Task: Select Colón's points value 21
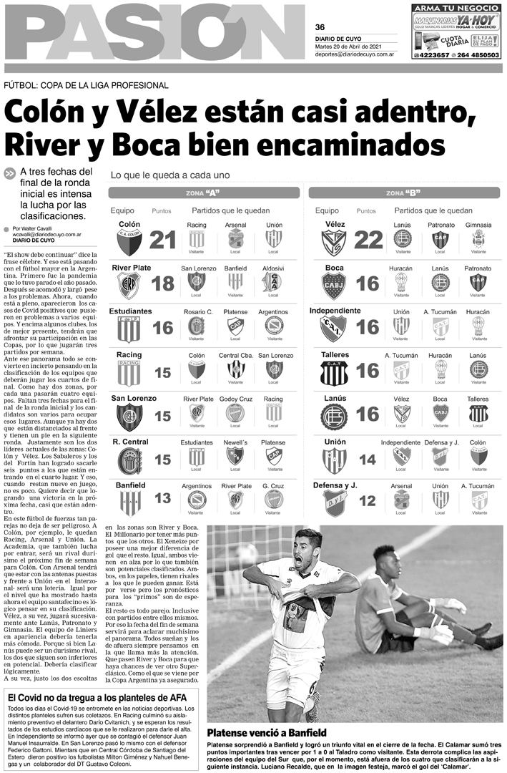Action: point(162,240)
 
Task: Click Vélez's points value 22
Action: point(368,240)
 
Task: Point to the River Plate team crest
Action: point(129,285)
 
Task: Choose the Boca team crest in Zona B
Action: point(334,285)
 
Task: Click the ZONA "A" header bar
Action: point(203,193)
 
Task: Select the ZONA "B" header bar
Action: point(403,193)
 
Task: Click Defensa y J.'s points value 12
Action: point(368,500)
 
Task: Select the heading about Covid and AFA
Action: point(102,697)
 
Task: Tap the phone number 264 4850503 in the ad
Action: point(473,55)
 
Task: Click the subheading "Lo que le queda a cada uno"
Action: point(169,175)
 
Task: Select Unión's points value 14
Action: point(368,459)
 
